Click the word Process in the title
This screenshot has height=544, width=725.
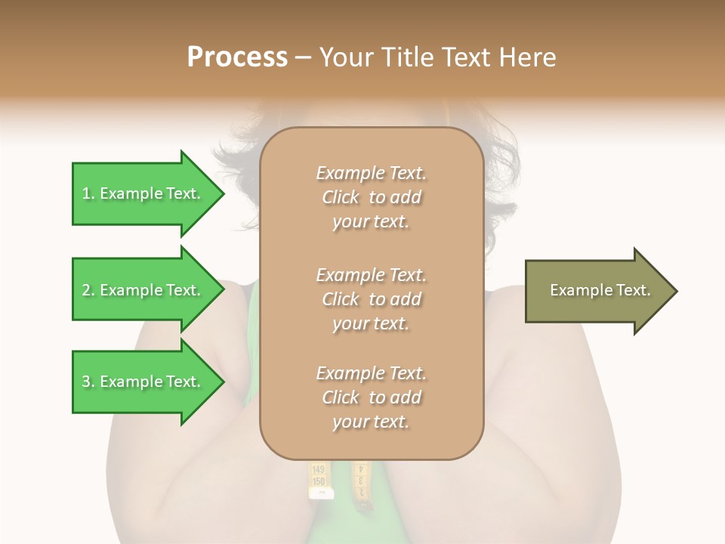click(237, 57)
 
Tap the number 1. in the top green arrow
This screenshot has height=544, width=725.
click(88, 193)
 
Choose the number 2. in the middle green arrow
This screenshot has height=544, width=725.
click(88, 290)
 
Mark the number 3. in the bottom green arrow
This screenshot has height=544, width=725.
click(88, 382)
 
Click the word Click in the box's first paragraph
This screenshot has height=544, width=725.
click(341, 197)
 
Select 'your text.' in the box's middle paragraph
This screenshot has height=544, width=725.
click(371, 323)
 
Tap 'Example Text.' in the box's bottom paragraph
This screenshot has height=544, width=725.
click(371, 373)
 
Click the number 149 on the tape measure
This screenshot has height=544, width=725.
click(319, 470)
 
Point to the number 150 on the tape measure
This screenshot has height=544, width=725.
click(319, 481)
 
